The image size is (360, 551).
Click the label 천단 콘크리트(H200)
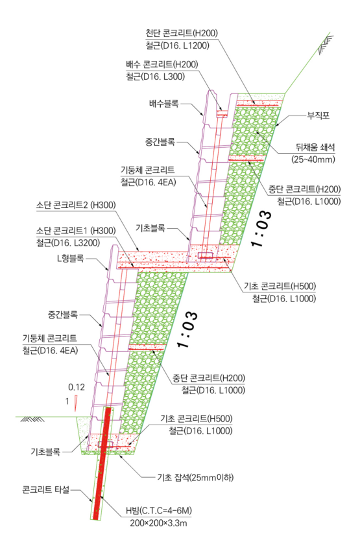point(182,33)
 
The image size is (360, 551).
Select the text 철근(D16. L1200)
point(178,45)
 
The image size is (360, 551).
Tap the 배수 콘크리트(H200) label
point(162,64)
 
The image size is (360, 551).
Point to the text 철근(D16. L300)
point(156,76)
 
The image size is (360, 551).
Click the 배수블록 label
point(164,104)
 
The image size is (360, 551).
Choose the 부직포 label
point(318,115)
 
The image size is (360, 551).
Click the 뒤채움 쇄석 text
point(315,147)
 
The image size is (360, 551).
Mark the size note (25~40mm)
point(313,159)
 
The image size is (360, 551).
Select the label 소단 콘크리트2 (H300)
point(76,205)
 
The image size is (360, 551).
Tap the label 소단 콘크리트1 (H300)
point(76,231)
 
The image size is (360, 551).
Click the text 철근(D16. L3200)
point(68,243)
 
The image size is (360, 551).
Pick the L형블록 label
point(71,258)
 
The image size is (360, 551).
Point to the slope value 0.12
point(77,387)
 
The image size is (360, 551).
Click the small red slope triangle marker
point(76,403)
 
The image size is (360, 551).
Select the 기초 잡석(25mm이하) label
point(195,478)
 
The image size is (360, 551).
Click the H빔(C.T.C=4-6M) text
point(159,511)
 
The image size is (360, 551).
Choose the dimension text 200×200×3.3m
point(158,523)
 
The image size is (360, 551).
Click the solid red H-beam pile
point(102,463)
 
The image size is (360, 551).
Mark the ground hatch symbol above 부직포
point(326,44)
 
